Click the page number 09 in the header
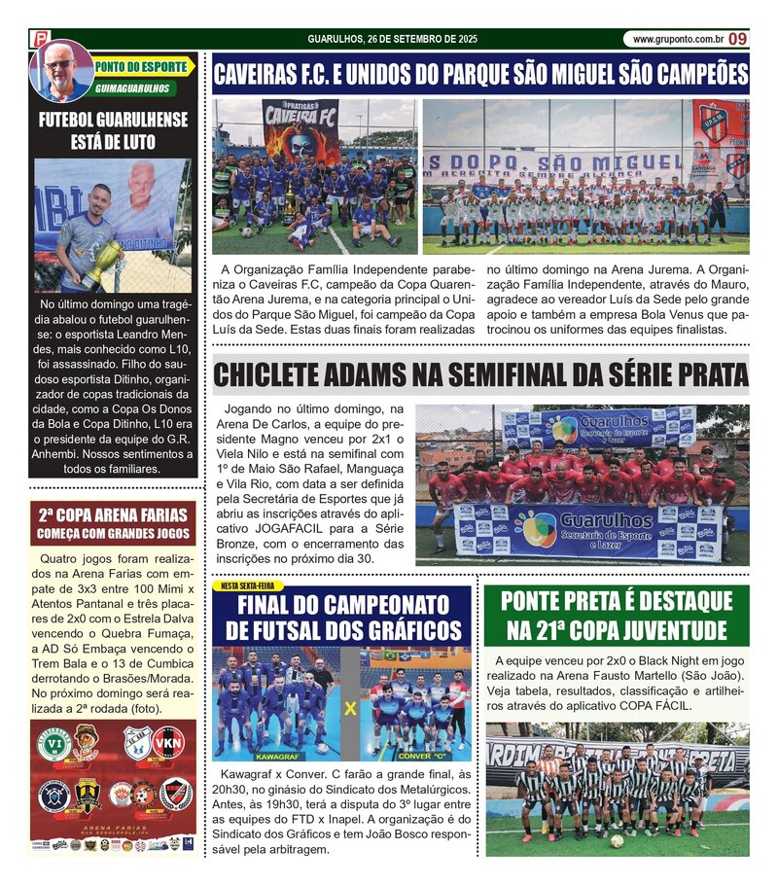pos(738,39)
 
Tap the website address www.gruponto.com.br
pos(677,39)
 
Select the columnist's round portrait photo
pos(61,71)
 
